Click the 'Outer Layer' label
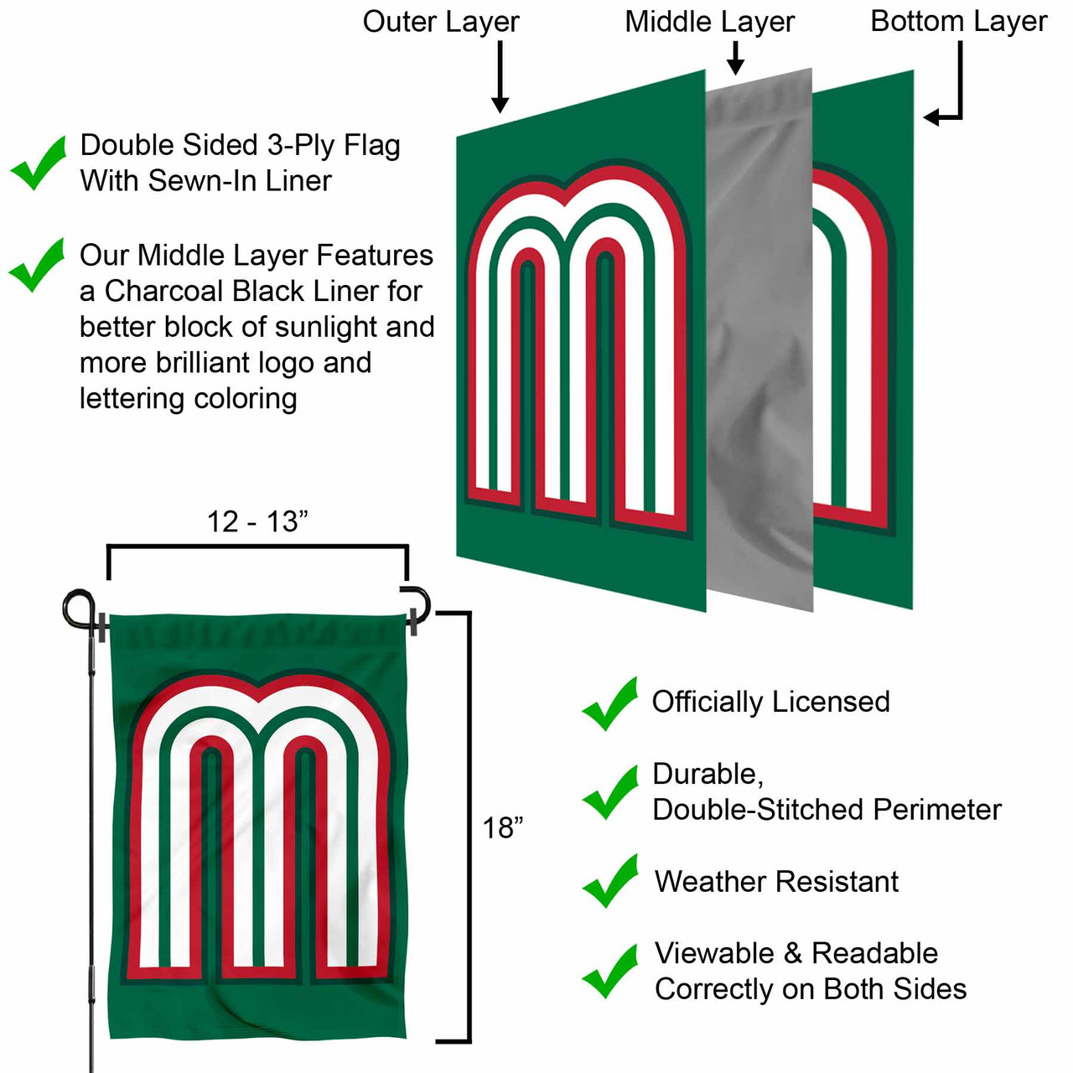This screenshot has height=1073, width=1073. pos(441,22)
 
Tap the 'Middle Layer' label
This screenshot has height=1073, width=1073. pos(709,22)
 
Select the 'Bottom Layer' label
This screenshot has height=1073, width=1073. pos(958,22)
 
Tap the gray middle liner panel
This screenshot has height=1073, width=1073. pos(759,335)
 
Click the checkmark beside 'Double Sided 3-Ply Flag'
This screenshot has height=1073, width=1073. pos(39,163)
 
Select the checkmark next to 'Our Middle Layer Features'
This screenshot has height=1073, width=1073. pos(37,265)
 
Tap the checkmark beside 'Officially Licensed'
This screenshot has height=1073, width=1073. pos(610,704)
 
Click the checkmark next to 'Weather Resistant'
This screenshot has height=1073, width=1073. pos(610,881)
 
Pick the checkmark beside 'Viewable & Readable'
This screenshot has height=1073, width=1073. pos(610,972)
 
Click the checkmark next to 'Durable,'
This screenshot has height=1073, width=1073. pos(610,792)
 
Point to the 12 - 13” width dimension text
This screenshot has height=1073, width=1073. pos(257,521)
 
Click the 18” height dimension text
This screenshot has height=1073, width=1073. pos(502,828)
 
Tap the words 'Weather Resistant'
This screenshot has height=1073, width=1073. pos(776,882)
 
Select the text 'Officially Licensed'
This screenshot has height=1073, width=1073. pos(770,702)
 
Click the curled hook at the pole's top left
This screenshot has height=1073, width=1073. pos(78,607)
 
